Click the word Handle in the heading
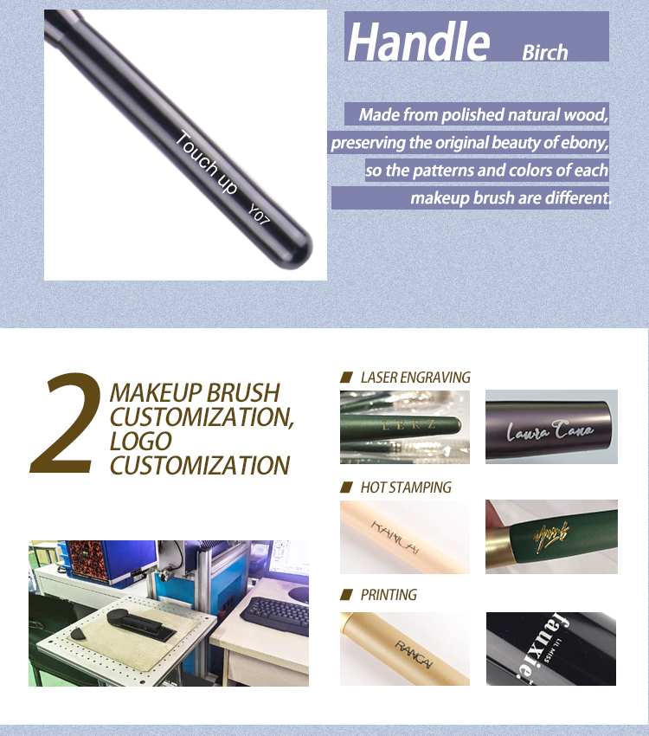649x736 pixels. click(418, 41)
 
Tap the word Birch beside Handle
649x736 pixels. click(544, 52)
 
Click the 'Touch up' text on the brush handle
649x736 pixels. click(207, 162)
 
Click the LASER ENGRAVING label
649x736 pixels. click(414, 378)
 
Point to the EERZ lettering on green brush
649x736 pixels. click(407, 424)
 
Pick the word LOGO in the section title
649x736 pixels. click(141, 441)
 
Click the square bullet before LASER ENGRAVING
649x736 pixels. click(346, 378)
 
